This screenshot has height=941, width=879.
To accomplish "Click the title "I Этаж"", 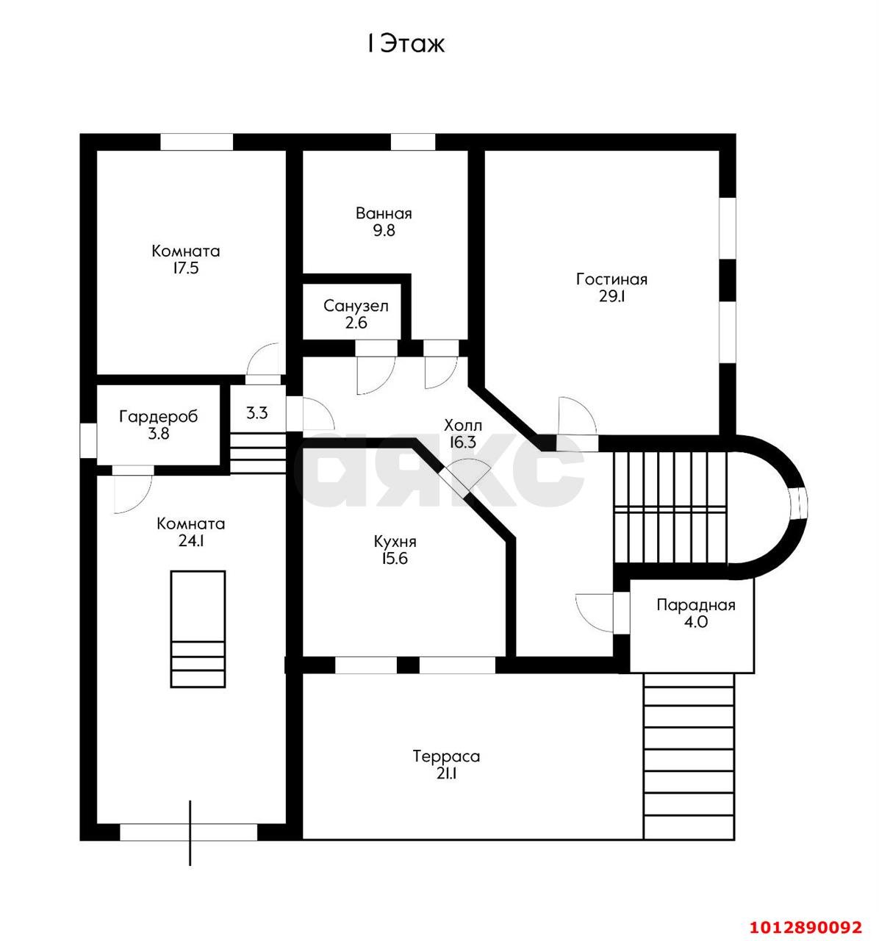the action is pos(406,44).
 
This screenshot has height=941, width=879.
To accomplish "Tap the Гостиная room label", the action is pos(611,279).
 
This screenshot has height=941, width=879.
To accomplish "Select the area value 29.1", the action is pos(611,296).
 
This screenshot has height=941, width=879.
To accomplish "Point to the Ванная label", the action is pos(384,213).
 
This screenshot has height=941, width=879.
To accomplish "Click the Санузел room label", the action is pos(356,306).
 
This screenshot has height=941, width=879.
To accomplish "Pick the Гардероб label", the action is pos(158,417).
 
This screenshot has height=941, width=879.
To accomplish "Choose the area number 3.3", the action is pos(256,413).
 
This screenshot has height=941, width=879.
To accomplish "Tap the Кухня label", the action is pos(395,542).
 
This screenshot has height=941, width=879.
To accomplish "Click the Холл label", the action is pos(462,424).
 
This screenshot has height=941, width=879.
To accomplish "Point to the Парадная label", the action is pos(695,605).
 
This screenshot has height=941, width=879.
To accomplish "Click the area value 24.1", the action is pos(190,541).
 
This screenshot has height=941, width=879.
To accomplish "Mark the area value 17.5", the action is pos(185,268).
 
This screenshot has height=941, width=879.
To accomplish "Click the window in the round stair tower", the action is pos(799,501).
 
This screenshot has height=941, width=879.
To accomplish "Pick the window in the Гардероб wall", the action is pos(88,440).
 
